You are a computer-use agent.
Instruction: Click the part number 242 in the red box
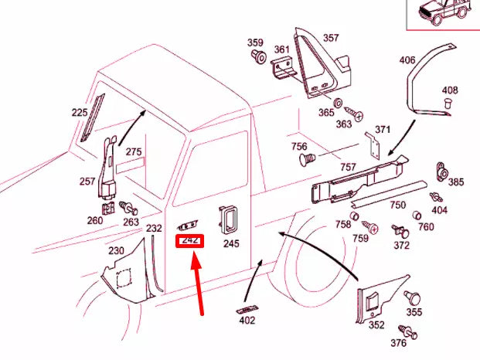click(x=190, y=241)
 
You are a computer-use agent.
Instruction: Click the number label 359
click(x=255, y=42)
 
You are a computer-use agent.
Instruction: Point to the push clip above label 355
click(x=414, y=297)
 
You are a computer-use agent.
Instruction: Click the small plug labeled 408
click(x=448, y=103)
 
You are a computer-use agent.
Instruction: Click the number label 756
click(x=299, y=146)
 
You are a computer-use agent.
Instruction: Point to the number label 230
click(x=116, y=250)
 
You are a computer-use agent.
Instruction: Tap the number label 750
click(x=397, y=205)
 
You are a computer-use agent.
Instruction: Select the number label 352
click(x=376, y=324)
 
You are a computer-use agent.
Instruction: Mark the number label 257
click(x=87, y=182)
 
